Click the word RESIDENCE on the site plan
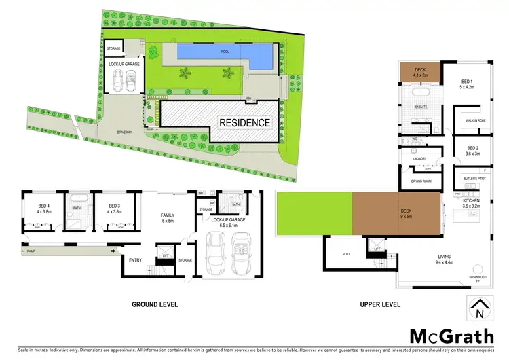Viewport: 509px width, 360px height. [244, 123]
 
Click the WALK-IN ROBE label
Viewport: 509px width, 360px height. [474, 121]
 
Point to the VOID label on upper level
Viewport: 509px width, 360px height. [344, 255]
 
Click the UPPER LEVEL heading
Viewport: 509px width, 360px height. [379, 305]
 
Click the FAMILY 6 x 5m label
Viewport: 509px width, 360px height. [167, 217]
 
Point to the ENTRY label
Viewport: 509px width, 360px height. [136, 259]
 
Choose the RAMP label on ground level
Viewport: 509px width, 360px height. [31, 252]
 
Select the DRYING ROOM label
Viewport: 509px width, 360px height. [422, 181]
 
